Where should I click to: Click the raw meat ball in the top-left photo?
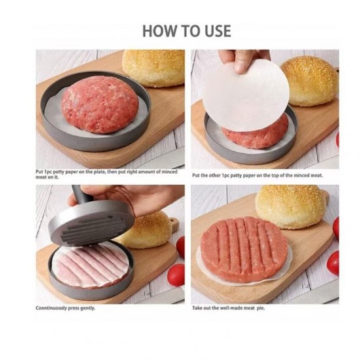tap(99, 104)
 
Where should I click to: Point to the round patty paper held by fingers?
tap(245, 96)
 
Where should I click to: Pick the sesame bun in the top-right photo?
tap(309, 80)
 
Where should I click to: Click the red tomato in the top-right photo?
tap(338, 139)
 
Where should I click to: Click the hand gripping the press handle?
tap(137, 198)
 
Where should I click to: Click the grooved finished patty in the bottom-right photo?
tap(243, 249)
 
